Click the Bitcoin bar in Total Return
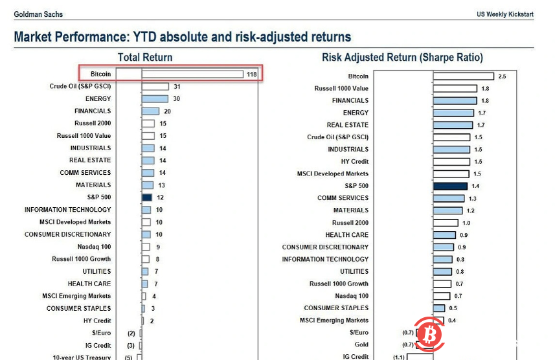coord(192,74)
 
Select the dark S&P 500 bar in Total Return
coord(147,197)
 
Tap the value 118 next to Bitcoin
coord(252,74)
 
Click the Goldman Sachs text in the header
coord(38,14)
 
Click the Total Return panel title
coord(145,58)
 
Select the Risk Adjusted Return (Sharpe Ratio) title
coord(402,58)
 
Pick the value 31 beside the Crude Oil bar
coord(177,86)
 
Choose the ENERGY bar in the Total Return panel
coord(155,98)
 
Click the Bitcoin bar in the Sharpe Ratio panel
coord(463,76)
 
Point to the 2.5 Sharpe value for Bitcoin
coord(502,76)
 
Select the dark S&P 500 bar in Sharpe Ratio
coord(449,186)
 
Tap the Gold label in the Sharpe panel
coord(361,344)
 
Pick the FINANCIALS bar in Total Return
coord(151,111)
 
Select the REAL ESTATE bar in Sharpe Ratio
coord(454,125)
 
